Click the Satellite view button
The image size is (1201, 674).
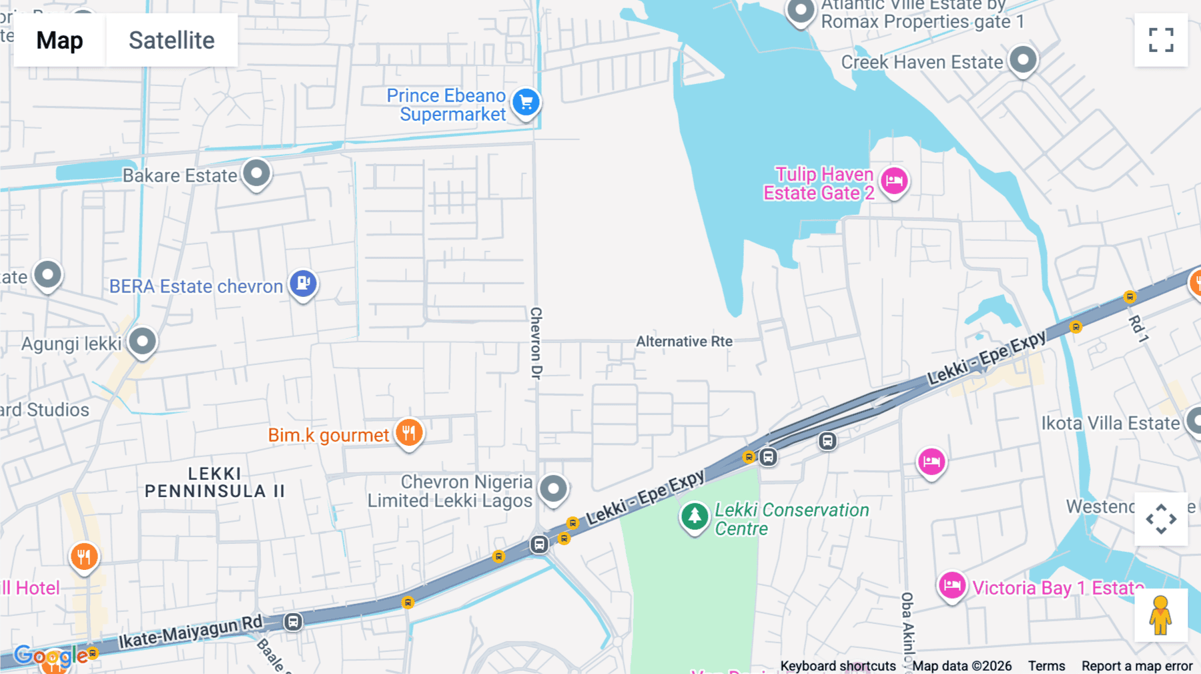pyautogui.click(x=171, y=40)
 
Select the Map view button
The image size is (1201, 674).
pyautogui.click(x=59, y=40)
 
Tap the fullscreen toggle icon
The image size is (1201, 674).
pyautogui.click(x=1161, y=40)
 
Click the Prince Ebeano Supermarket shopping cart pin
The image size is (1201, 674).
pyautogui.click(x=526, y=103)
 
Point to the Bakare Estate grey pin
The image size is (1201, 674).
pyautogui.click(x=256, y=174)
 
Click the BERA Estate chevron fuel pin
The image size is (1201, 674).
pyautogui.click(x=303, y=284)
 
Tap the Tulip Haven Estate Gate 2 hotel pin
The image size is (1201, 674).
pyautogui.click(x=894, y=181)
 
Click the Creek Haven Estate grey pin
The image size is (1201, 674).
pyautogui.click(x=1023, y=60)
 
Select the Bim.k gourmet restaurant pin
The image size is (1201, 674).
pyautogui.click(x=409, y=433)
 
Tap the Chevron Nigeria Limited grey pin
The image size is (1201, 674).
pyautogui.click(x=553, y=489)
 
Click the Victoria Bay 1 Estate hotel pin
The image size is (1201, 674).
pyautogui.click(x=951, y=586)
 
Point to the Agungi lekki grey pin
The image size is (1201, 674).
pyautogui.click(x=142, y=342)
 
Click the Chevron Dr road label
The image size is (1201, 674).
pyautogui.click(x=536, y=343)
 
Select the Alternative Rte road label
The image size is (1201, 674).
pyautogui.click(x=684, y=342)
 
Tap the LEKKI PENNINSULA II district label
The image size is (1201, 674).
pyautogui.click(x=214, y=482)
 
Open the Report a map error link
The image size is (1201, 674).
pyautogui.click(x=1136, y=666)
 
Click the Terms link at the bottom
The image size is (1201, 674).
pyautogui.click(x=1046, y=666)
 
